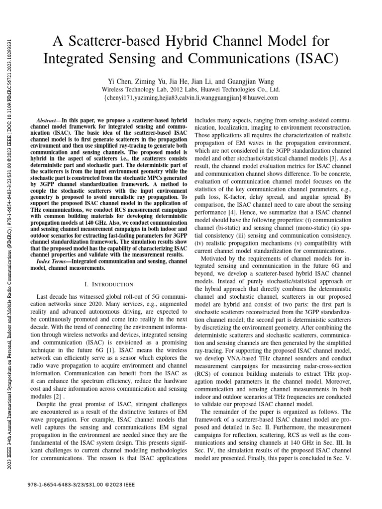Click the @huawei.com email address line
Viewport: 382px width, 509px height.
191,98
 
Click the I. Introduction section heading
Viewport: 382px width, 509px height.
105,284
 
